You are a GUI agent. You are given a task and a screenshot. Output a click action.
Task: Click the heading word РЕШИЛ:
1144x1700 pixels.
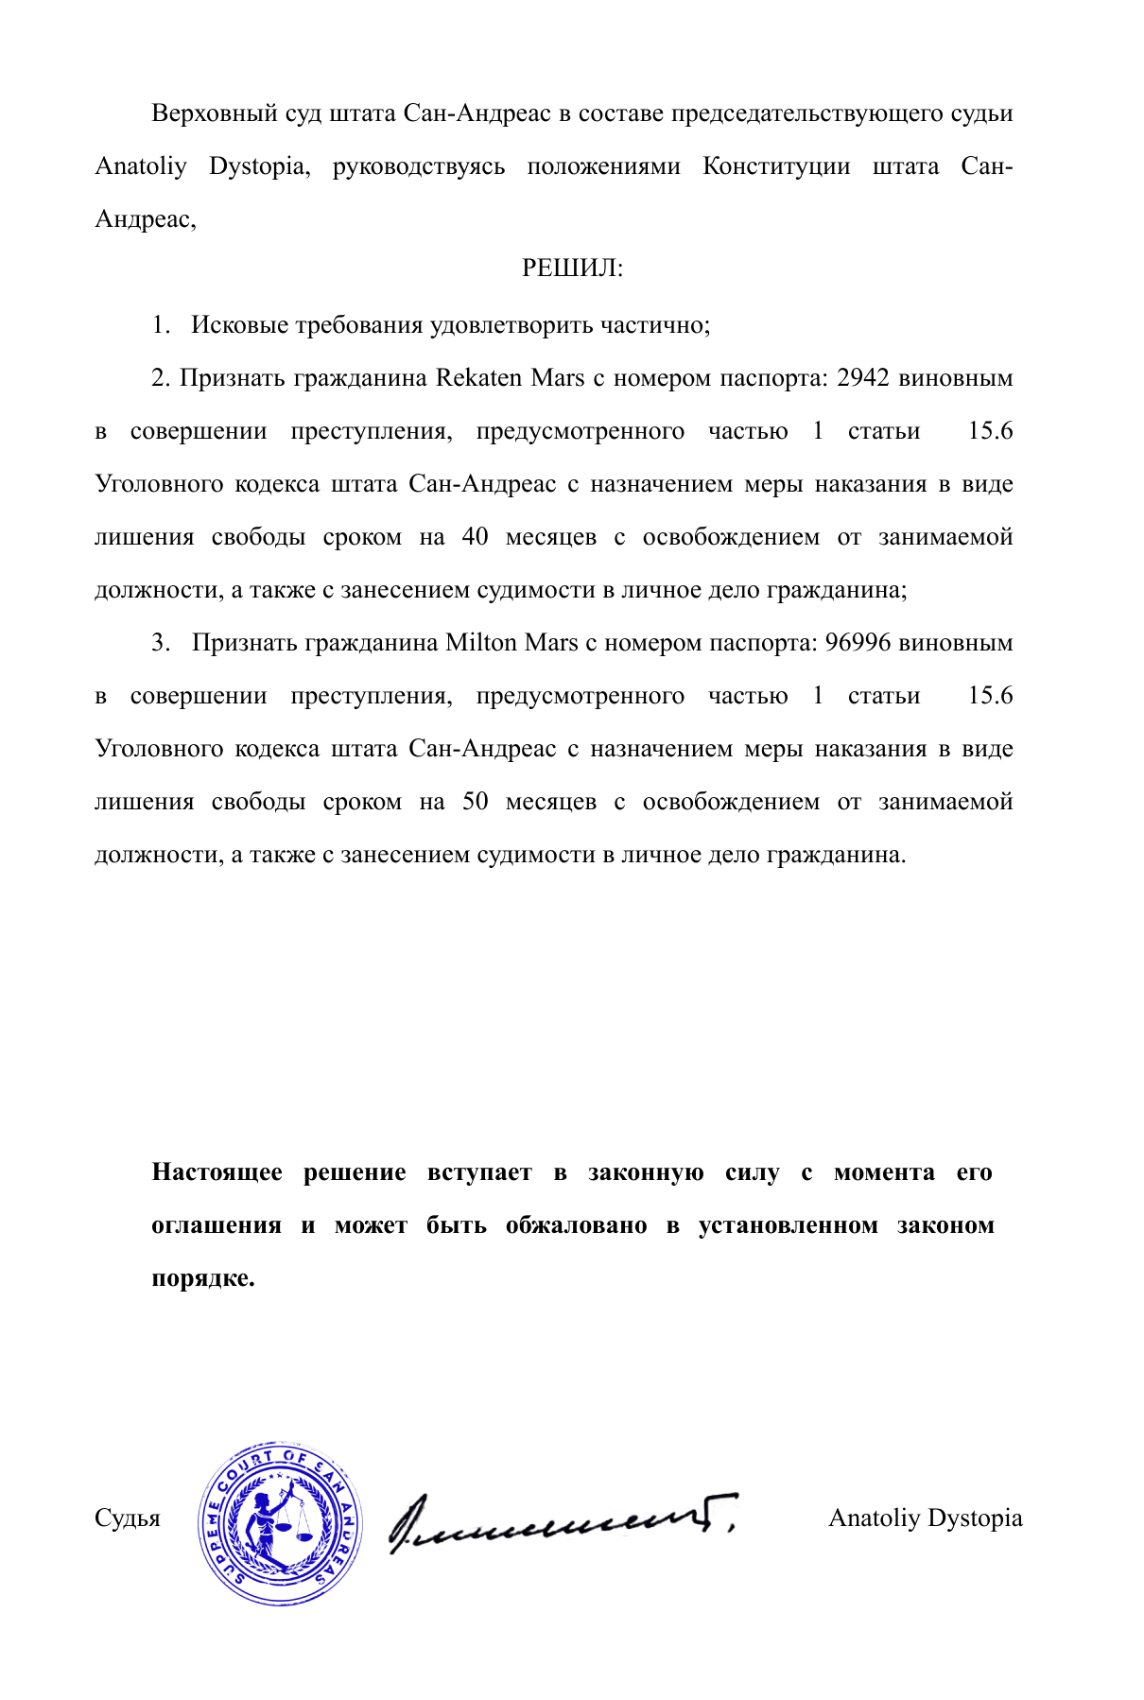coord(572,269)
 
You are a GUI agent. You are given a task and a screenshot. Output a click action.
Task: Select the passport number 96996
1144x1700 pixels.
coord(858,643)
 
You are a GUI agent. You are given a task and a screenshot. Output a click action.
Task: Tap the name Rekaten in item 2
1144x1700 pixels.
coord(478,378)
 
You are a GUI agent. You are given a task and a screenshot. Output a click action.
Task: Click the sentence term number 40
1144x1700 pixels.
coord(475,537)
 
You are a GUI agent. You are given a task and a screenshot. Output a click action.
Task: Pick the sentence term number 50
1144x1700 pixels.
coord(475,802)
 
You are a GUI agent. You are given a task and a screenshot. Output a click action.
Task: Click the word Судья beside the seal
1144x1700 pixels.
coord(128,1519)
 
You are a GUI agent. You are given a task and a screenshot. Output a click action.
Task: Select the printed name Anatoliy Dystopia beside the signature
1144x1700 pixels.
coord(925,1518)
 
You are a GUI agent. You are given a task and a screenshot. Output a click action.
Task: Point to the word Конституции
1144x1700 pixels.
coord(775,167)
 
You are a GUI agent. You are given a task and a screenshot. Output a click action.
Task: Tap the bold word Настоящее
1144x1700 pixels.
coord(217,1173)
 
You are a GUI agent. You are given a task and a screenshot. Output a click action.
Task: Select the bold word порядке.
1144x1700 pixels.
coord(203,1279)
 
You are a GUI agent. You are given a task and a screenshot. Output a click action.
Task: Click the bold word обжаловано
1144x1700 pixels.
coord(576,1226)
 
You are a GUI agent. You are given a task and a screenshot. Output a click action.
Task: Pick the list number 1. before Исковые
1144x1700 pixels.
coord(161,325)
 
